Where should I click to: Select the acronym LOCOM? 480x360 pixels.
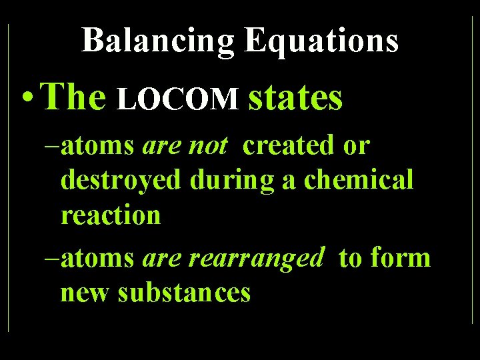pyautogui.click(x=178, y=99)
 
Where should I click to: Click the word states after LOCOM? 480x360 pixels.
pyautogui.click(x=295, y=97)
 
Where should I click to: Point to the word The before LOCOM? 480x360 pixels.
pyautogui.click(x=74, y=97)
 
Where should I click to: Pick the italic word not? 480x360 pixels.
pyautogui.click(x=207, y=145)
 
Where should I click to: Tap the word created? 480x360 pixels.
pyautogui.click(x=289, y=145)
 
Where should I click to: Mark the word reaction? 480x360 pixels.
pyautogui.click(x=111, y=215)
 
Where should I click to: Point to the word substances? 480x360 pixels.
pyautogui.click(x=184, y=293)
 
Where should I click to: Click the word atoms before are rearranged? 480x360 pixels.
pyautogui.click(x=97, y=257)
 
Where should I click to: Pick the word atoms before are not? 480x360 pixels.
pyautogui.click(x=97, y=145)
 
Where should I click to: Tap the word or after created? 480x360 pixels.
pyautogui.click(x=355, y=145)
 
